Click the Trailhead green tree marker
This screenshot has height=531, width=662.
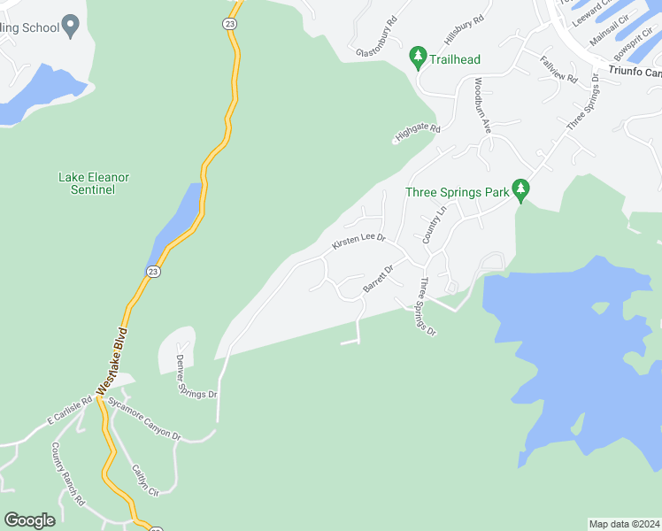[418, 58]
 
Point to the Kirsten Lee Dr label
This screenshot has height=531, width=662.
[359, 241]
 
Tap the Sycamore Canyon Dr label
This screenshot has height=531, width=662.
[144, 419]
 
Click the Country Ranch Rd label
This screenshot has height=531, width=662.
[67, 474]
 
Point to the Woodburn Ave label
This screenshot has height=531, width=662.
[481, 105]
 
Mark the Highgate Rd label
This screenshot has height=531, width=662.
[418, 133]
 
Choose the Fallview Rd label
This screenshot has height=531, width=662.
[558, 69]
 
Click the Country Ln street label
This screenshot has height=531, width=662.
[433, 225]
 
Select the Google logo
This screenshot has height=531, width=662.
[29, 520]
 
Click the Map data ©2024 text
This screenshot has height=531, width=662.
[624, 524]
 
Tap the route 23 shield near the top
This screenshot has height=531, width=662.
[230, 25]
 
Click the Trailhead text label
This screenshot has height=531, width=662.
[455, 59]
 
